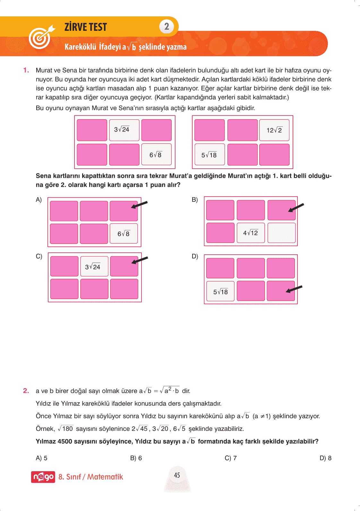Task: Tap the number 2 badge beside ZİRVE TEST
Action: [167, 26]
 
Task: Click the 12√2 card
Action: [274, 130]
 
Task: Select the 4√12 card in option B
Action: [251, 233]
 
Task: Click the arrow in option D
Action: [294, 289]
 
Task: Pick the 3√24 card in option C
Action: [93, 267]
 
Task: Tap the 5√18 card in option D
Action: [220, 292]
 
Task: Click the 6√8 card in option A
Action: [124, 234]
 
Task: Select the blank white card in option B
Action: [281, 233]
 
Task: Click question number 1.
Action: [26, 70]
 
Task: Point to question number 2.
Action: [26, 391]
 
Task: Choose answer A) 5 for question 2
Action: [41, 458]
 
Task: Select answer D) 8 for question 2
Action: [325, 458]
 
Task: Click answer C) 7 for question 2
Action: [231, 458]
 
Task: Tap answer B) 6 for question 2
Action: [136, 458]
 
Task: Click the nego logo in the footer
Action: [43, 477]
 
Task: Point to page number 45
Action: [177, 475]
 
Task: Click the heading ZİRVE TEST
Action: [86, 27]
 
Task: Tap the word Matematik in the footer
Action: [105, 477]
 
